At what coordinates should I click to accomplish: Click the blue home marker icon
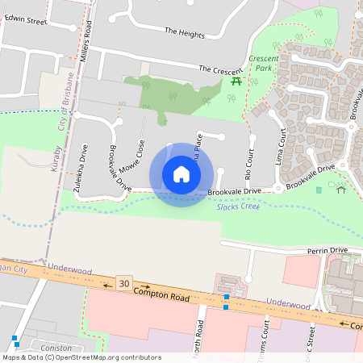(x=181, y=174)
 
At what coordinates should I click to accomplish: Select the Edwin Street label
(x=26, y=21)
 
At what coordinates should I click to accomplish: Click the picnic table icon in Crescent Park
(x=236, y=81)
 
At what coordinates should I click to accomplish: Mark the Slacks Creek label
(x=238, y=207)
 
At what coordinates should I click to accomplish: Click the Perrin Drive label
(x=327, y=251)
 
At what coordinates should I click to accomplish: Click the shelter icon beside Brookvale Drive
(x=341, y=190)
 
